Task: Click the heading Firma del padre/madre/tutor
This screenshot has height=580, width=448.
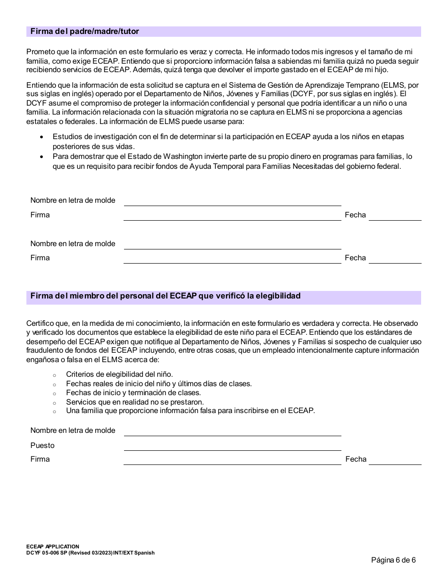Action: pyautogui.click(x=85, y=32)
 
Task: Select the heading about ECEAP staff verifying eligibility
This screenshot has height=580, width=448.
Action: pyautogui.click(x=166, y=296)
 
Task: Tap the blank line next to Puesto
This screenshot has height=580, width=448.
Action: pyautogui.click(x=232, y=446)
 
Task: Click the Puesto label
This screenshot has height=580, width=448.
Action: pyautogui.click(x=42, y=446)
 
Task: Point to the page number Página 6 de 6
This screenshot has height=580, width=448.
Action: pyautogui.click(x=393, y=560)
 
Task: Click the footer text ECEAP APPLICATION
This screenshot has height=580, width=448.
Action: pyautogui.click(x=53, y=547)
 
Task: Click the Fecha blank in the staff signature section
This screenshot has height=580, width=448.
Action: pyautogui.click(x=395, y=460)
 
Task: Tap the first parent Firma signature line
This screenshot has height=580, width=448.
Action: pyautogui.click(x=232, y=215)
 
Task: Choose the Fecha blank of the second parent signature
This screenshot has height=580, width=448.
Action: pyautogui.click(x=395, y=258)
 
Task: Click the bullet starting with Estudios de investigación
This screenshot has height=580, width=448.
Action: pyautogui.click(x=228, y=141)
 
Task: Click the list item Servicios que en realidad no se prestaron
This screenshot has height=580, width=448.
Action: pyautogui.click(x=135, y=402)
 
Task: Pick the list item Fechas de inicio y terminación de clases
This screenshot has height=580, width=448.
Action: pyautogui.click(x=133, y=392)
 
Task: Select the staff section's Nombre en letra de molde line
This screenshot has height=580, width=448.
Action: pyautogui.click(x=232, y=431)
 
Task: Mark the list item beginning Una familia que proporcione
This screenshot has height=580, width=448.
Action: pyautogui.click(x=190, y=411)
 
